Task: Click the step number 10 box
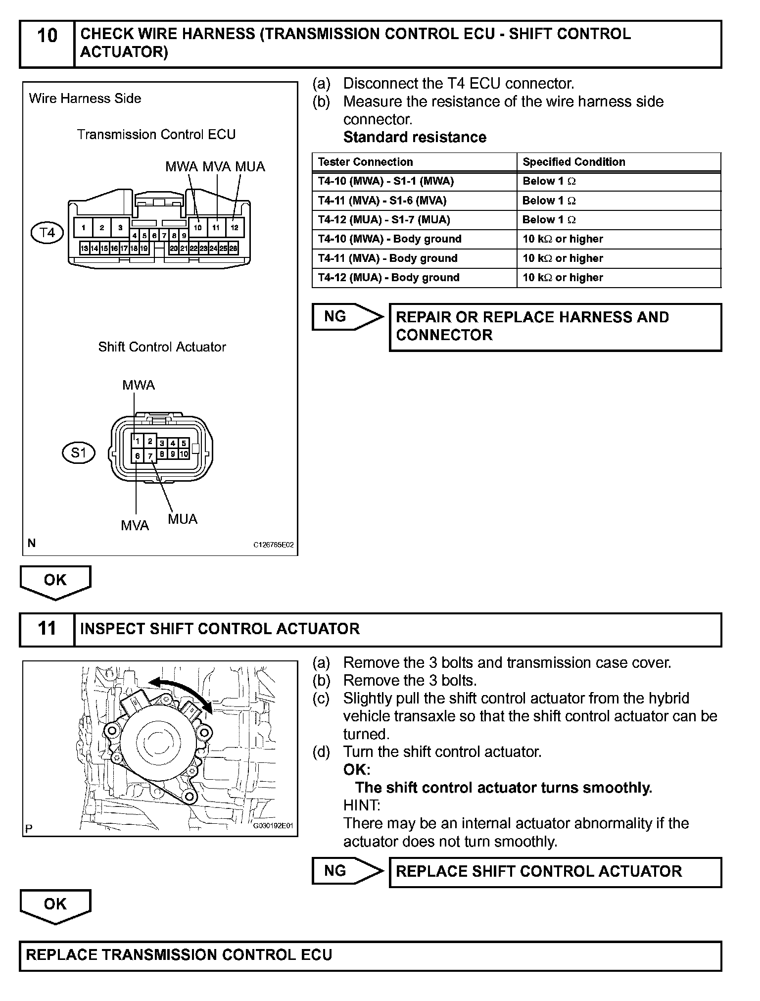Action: [x=47, y=44]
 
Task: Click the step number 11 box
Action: [x=47, y=629]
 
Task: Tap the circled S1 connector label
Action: [x=79, y=452]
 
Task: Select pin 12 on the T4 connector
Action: [x=235, y=228]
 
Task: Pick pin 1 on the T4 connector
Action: [x=84, y=228]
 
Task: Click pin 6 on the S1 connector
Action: [x=138, y=456]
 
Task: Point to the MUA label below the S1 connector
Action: [x=183, y=519]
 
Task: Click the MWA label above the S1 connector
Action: [x=139, y=385]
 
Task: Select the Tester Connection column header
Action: [x=365, y=162]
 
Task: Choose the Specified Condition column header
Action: [x=574, y=162]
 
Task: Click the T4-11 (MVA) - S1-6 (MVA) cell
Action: [x=382, y=200]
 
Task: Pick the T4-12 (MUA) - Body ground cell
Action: [x=388, y=278]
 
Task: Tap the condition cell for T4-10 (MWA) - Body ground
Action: [x=563, y=239]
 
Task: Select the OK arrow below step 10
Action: [x=55, y=581]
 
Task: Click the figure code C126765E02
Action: [x=274, y=545]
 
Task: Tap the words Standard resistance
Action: [x=415, y=137]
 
